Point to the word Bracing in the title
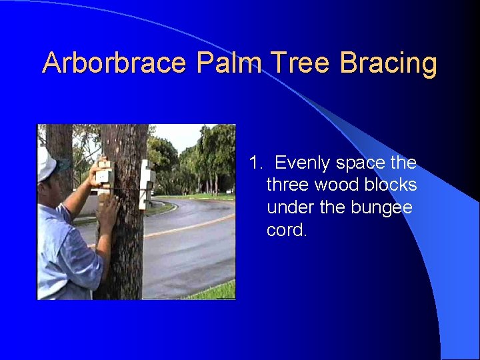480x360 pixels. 389,64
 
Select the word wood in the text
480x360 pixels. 337,185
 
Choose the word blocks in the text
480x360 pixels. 391,185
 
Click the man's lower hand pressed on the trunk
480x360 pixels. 107,212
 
